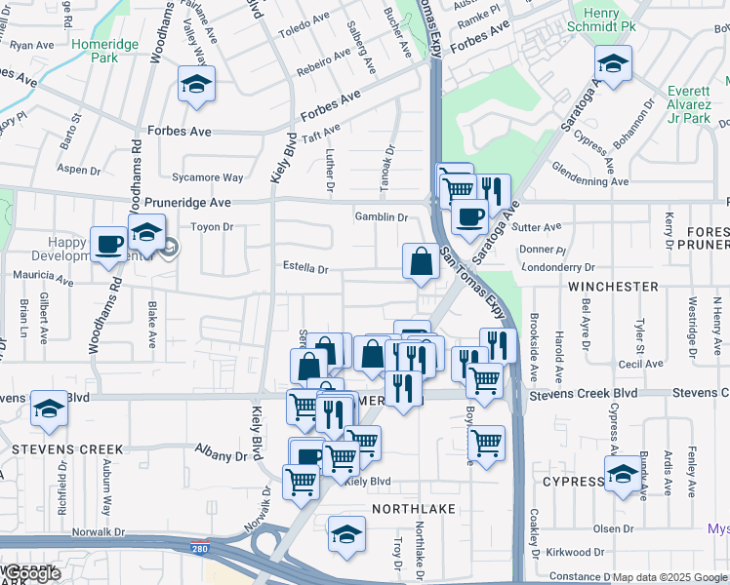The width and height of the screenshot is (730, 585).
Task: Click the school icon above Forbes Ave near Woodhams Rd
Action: pos(196,85)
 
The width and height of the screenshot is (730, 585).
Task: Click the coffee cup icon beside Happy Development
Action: pos(108,244)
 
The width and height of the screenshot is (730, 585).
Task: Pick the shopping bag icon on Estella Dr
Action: pos(421,262)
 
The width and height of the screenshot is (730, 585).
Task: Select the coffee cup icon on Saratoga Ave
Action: pos(469,217)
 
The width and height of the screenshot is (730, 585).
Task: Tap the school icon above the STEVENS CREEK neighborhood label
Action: pos(48,410)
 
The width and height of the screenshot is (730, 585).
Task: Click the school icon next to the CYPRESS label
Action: pos(623,475)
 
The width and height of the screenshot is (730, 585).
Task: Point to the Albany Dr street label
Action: pos(221,455)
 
